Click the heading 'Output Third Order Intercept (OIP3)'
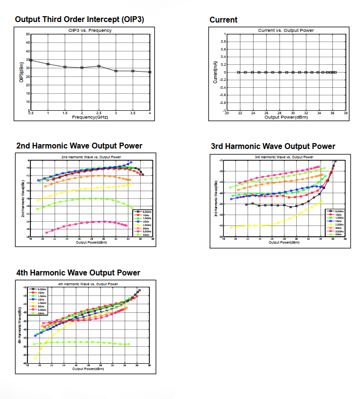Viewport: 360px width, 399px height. tap(79, 20)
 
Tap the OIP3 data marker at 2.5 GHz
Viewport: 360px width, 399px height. tap(99, 66)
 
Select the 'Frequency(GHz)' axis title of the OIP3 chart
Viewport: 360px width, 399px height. tap(90, 118)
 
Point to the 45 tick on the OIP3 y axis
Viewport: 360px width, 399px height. tap(28, 43)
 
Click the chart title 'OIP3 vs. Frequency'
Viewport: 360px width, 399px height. tap(90, 30)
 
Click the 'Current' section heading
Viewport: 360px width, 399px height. tap(223, 20)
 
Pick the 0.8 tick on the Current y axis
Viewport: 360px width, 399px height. tap(224, 42)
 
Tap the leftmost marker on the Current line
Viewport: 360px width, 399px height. tap(239, 72)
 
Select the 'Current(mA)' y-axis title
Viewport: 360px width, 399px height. tap(216, 72)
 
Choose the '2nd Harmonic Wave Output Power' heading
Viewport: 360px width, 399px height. tap(79, 146)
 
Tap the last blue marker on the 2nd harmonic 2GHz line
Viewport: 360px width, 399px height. tap(131, 163)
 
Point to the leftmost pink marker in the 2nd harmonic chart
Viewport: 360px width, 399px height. tap(47, 232)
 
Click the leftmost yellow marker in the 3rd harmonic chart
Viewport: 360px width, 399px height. tap(231, 227)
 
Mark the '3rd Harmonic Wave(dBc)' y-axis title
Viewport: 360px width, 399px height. tap(216, 199)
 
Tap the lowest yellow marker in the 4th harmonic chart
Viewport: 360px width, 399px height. tap(35, 358)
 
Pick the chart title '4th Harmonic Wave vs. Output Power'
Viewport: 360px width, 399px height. tap(88, 284)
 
